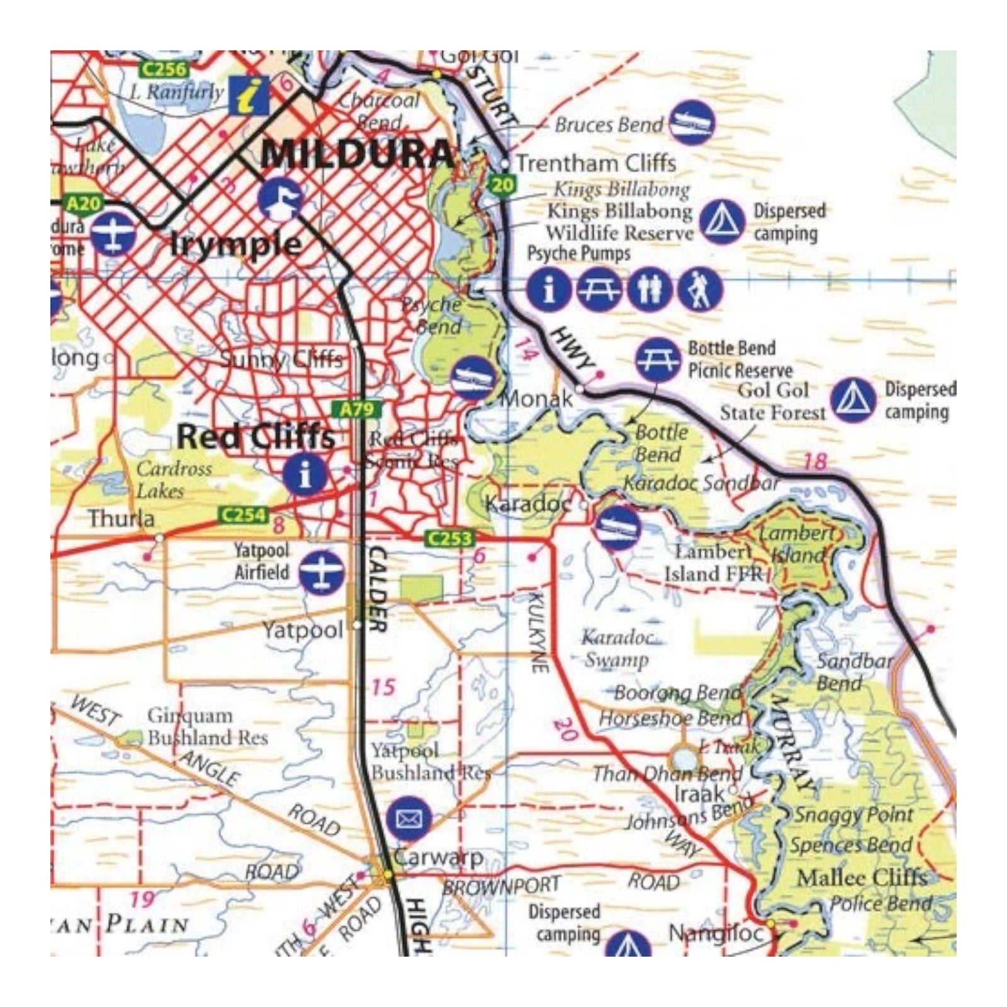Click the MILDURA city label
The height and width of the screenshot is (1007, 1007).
coord(357,154)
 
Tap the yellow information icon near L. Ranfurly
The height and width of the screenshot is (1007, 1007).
coord(249,96)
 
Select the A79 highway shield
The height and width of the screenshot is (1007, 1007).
coord(357,410)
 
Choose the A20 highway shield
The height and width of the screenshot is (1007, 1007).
coord(83,204)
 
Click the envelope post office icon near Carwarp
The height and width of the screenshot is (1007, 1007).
coord(409,819)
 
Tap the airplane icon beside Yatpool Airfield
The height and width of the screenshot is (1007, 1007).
coord(322,572)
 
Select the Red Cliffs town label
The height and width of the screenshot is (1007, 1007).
coord(256,437)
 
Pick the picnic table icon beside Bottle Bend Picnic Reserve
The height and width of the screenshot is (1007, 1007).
coord(658,360)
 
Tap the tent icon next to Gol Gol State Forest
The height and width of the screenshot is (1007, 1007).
coord(853,401)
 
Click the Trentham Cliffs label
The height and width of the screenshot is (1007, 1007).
coord(595,164)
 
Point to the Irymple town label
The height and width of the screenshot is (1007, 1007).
coord(236,244)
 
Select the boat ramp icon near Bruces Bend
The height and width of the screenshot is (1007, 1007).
coord(691,122)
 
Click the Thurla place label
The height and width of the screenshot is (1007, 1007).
coord(121,519)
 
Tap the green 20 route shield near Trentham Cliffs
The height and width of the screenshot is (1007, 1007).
coord(502,185)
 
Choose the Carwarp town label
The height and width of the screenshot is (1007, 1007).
coord(438,857)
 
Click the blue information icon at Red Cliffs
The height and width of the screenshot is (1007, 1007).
coord(305,475)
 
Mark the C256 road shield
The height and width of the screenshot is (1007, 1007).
coord(164,69)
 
